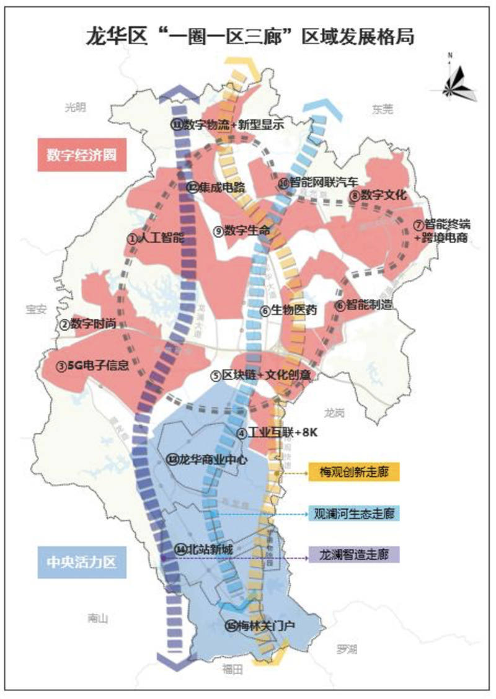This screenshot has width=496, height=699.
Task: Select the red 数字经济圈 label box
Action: tap(82, 154)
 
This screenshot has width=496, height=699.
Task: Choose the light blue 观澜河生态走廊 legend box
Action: tap(354, 514)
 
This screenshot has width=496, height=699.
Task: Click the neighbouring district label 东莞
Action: tap(383, 109)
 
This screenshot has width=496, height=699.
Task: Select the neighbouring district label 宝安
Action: tap(36, 309)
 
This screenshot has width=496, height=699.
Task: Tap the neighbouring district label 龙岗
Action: tap(336, 411)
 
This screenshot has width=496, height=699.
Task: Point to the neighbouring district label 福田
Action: tap(233, 669)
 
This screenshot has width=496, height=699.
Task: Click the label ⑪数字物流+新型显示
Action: tap(227, 125)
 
